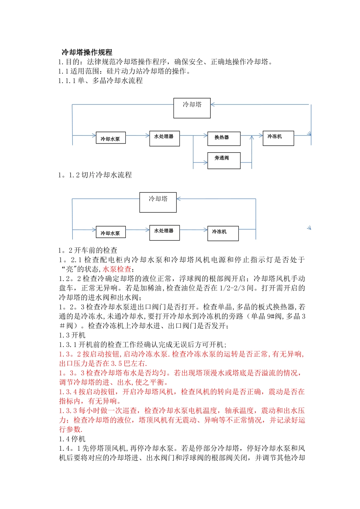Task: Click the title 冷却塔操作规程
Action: tap(87, 52)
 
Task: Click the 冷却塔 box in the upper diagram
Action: tap(192, 108)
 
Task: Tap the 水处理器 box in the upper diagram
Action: tap(164, 138)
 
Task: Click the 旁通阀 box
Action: tap(224, 160)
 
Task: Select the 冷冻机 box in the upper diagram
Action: tap(278, 138)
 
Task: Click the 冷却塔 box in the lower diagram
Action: tap(158, 202)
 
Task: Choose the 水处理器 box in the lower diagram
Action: tap(164, 233)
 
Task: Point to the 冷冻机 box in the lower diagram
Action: tap(223, 233)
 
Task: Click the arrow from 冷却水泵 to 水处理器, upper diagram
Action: tap(138, 135)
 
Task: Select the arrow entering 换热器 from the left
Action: tap(201, 135)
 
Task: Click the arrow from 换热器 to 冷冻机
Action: tap(252, 135)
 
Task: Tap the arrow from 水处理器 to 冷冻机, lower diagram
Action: tap(193, 230)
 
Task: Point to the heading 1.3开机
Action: tap(72, 335)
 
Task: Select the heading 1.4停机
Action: tap(72, 439)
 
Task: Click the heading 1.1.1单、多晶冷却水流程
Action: tap(100, 81)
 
